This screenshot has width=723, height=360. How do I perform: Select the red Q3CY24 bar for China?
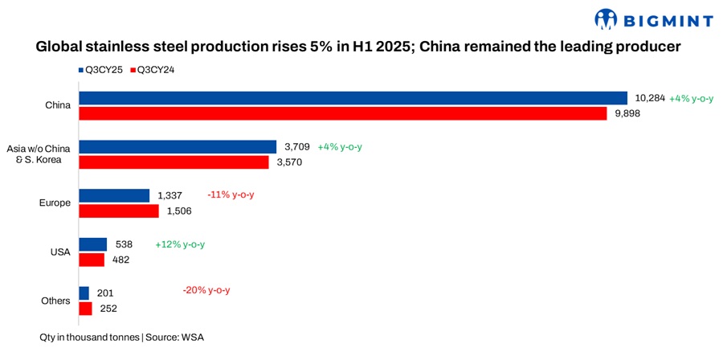(342, 114)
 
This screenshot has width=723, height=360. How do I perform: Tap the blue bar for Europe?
(114, 195)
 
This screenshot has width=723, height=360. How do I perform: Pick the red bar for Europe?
(119, 211)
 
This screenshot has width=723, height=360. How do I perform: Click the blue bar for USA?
(92, 244)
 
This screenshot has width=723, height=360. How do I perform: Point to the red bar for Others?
(85, 309)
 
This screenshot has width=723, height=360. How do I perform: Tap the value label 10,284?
(650, 98)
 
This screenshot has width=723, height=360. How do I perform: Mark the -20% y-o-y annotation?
(212, 290)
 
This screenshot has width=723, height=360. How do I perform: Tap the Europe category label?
(55, 203)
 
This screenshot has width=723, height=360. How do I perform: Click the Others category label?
(55, 301)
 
